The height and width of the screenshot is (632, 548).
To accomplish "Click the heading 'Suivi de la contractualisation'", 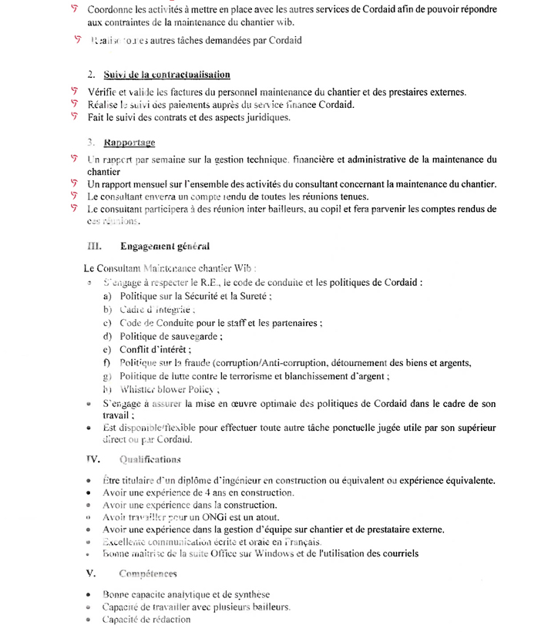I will (166, 76).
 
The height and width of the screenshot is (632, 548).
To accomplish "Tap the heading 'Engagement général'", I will (164, 247).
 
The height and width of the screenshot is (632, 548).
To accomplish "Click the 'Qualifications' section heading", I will (150, 460).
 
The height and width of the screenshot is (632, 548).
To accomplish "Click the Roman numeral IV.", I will (93, 460).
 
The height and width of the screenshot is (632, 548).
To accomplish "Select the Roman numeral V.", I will (91, 574).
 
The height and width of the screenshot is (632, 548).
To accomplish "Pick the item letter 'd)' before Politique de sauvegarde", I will (107, 336).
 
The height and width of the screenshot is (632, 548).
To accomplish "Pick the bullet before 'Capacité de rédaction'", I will (90, 620).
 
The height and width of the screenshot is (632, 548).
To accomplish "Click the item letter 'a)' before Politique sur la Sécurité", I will (107, 296).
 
